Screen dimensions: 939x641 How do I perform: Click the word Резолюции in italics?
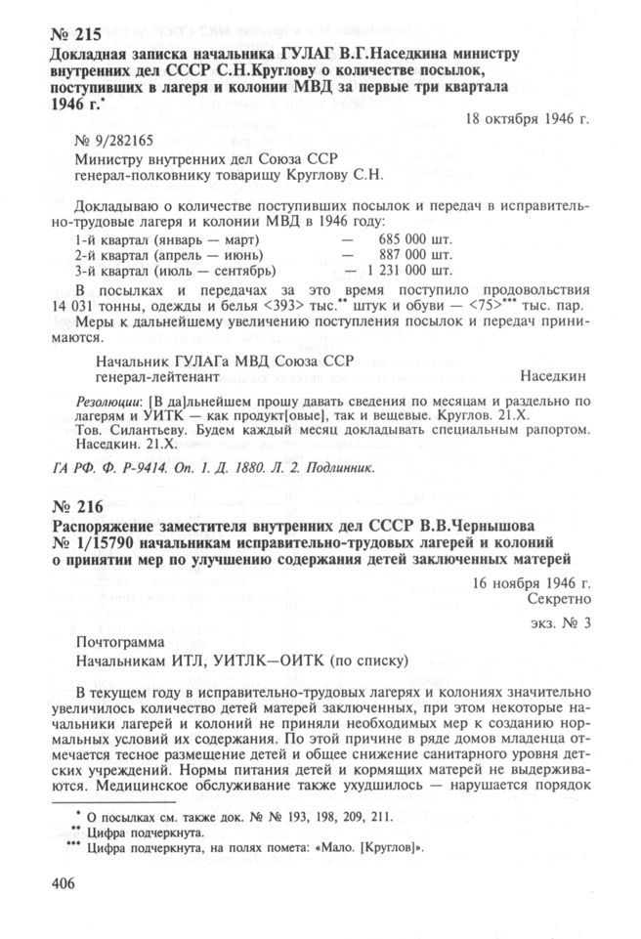pos(107,402)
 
